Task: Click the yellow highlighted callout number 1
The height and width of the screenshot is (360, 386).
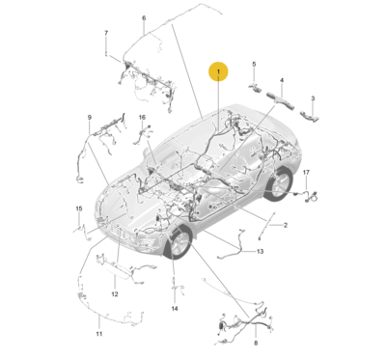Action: [x=219, y=72]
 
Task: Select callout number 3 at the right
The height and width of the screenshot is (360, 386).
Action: [x=313, y=98]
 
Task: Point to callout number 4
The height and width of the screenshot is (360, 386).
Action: [x=282, y=81]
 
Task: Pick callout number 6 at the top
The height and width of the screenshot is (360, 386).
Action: [x=144, y=18]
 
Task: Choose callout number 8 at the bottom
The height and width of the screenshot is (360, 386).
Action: [x=256, y=343]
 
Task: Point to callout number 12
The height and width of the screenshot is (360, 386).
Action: [x=114, y=293]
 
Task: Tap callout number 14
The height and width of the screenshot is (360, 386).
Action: [x=175, y=309]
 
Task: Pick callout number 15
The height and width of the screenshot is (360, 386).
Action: [x=79, y=208]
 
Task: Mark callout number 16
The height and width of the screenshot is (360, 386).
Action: [x=142, y=118]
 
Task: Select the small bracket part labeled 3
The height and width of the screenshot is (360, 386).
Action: [x=311, y=117]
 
